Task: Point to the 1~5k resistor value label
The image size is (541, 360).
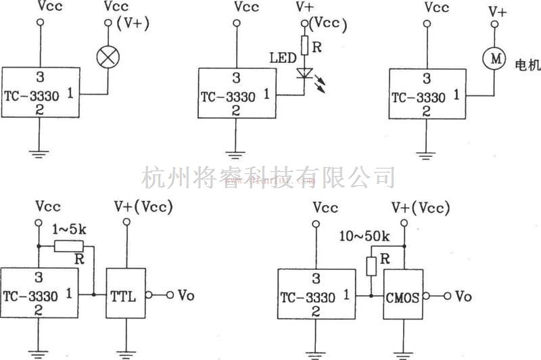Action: click(69, 229)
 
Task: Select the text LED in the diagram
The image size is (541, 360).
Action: click(283, 58)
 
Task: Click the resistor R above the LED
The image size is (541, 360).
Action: click(306, 45)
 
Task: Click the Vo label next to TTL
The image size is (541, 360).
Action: click(187, 295)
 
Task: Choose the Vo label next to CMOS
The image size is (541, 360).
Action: click(463, 296)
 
